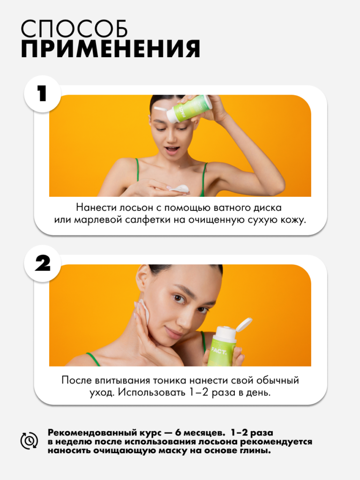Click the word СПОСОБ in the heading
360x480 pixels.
click(x=74, y=29)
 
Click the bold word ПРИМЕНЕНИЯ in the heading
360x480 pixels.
click(x=111, y=49)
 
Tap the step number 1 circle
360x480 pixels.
click(x=43, y=93)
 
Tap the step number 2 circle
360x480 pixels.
click(x=43, y=263)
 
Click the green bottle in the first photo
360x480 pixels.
click(x=188, y=110)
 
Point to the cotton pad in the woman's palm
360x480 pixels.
click(x=180, y=188)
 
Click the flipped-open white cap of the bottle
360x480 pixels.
click(x=244, y=324)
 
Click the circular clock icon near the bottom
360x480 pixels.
click(x=30, y=441)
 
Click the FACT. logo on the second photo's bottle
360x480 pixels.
click(x=219, y=351)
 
